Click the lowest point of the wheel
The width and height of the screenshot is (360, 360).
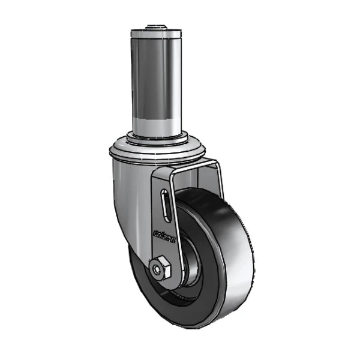[x=180, y=327]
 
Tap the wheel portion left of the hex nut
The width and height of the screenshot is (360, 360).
[x=139, y=276]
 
